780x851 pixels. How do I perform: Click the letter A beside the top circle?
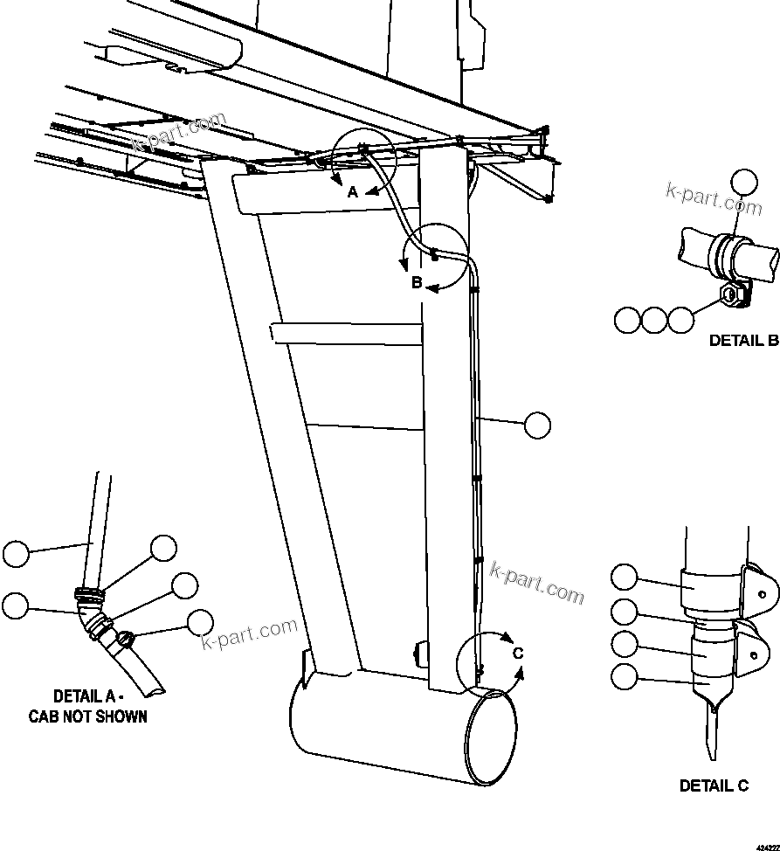pyautogui.click(x=353, y=192)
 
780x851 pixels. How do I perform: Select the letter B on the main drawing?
pyautogui.click(x=418, y=282)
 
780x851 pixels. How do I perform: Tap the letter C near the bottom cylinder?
pyautogui.click(x=517, y=653)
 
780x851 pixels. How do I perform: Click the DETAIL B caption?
pyautogui.click(x=742, y=341)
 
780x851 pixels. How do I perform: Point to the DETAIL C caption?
pyautogui.click(x=714, y=785)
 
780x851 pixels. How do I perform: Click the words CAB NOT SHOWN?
pyautogui.click(x=87, y=716)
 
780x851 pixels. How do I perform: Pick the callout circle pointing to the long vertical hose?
pyautogui.click(x=538, y=425)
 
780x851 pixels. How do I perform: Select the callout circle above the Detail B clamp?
pyautogui.click(x=745, y=182)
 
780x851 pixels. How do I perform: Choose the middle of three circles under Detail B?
pyautogui.click(x=653, y=320)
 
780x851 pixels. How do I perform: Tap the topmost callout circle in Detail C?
pyautogui.click(x=625, y=578)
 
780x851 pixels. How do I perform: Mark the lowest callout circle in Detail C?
pyautogui.click(x=625, y=675)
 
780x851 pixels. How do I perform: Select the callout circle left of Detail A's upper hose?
pyautogui.click(x=16, y=554)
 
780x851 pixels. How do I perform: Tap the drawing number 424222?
pyautogui.click(x=767, y=846)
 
